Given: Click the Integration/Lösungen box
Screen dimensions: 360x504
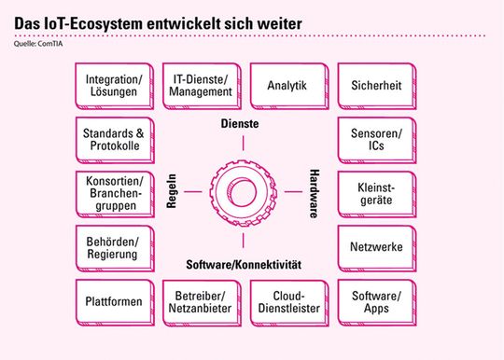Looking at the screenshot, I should click(x=111, y=86).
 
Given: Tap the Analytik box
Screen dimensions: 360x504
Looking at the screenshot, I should click(x=287, y=86).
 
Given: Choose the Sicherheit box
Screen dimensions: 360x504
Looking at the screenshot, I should click(x=376, y=86).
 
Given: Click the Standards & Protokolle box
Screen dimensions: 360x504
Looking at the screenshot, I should click(x=111, y=139).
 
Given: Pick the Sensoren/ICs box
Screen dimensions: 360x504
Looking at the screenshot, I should click(x=376, y=139).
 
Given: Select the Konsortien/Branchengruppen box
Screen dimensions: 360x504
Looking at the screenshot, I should click(x=111, y=194).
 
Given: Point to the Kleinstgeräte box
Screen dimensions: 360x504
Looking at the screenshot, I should click(x=376, y=194).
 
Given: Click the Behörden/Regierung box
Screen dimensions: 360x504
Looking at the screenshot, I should click(x=111, y=247).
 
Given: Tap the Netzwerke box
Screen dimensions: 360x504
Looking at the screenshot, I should click(x=376, y=248).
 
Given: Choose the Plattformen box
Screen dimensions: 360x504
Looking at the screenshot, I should click(x=111, y=301).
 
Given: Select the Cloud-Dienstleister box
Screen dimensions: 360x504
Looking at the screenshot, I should click(x=287, y=301).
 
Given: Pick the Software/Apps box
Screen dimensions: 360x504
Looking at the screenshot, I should click(x=376, y=301).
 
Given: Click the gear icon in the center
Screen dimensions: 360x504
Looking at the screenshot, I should click(x=242, y=193).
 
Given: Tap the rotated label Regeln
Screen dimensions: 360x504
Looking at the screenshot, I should click(x=172, y=192).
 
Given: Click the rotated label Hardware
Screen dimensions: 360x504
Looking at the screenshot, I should click(x=314, y=193).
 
